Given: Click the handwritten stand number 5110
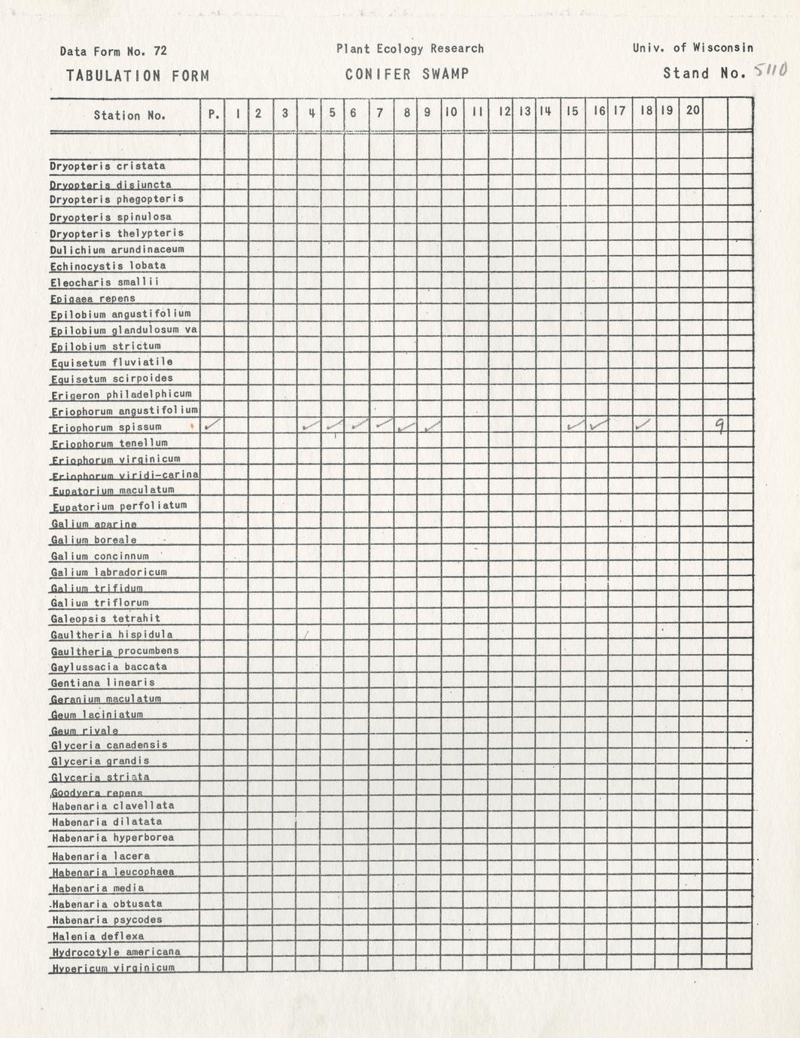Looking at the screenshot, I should tap(770, 71).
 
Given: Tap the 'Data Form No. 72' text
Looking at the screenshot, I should tap(114, 51).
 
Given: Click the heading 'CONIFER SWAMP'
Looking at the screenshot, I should tap(407, 74).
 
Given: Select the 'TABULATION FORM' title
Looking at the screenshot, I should tap(137, 75).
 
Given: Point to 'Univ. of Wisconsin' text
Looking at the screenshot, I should tap(692, 47).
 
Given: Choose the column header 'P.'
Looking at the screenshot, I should tap(214, 114).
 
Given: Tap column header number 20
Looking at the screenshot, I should tap(692, 110).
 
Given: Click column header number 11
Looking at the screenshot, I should tap(476, 112).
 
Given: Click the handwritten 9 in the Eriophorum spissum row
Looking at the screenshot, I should tap(719, 427).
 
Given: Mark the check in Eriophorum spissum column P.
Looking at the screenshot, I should tap(212, 425).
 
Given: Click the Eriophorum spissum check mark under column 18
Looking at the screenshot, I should tap(643, 426).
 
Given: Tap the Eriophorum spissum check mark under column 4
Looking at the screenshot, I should tap(309, 427).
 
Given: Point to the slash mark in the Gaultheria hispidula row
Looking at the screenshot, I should tap(307, 635).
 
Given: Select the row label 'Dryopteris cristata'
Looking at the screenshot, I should tap(108, 166).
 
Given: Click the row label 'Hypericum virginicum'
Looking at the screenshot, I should tap(113, 967).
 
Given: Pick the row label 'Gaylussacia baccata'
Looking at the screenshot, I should tap(109, 666).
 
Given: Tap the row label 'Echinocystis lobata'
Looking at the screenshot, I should tap(108, 266).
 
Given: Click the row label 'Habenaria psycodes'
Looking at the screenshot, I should tap(107, 920).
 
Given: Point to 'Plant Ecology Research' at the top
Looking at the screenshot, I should tap(409, 49).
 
